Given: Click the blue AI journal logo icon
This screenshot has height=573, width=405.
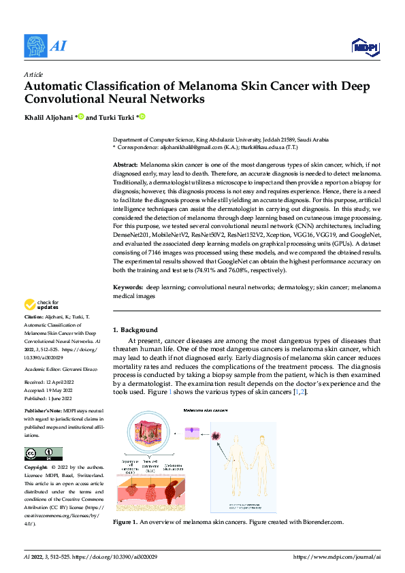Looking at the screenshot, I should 36,46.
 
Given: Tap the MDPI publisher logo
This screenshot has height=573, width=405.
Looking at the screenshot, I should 365,46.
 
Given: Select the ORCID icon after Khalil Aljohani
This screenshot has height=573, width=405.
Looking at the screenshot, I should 81,117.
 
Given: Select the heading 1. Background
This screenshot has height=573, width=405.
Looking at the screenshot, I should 135,329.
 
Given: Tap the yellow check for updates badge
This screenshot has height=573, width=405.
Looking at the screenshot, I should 42,306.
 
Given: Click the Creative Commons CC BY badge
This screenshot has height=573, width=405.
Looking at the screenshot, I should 43,454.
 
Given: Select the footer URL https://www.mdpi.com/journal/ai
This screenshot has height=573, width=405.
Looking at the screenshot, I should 336,557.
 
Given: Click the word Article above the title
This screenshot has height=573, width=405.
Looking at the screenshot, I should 33,73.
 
